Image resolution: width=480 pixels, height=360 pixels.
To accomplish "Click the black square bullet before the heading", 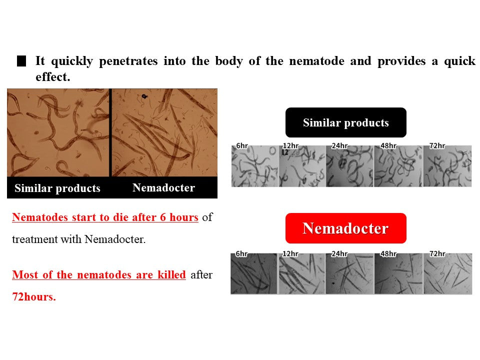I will pyautogui.click(x=21, y=61).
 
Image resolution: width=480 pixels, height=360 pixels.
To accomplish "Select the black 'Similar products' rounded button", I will pyautogui.click(x=345, y=122).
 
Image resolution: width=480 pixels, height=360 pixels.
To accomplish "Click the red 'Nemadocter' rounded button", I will pyautogui.click(x=345, y=228).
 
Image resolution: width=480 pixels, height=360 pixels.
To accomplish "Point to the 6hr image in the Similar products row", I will pyautogui.click(x=254, y=166).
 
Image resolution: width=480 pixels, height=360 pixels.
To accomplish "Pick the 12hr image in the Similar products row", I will pyautogui.click(x=302, y=166).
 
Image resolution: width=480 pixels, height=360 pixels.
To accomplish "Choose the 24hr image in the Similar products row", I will pyautogui.click(x=349, y=166).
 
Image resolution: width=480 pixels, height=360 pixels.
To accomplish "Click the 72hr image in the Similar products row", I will pyautogui.click(x=447, y=166).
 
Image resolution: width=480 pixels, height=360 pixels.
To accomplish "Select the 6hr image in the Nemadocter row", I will pyautogui.click(x=253, y=273).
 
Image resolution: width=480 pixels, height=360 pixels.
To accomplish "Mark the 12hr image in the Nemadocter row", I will pyautogui.click(x=302, y=273).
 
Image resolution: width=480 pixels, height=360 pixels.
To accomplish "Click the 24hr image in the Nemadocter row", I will pyautogui.click(x=349, y=273).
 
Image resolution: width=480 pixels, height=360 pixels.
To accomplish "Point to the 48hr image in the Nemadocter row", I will pyautogui.click(x=398, y=273).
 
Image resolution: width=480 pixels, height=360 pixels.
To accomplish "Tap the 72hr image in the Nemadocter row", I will pyautogui.click(x=447, y=273).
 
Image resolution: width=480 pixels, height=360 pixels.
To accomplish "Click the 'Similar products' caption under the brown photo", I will pyautogui.click(x=57, y=188).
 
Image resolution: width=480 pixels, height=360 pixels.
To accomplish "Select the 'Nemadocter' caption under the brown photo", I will pyautogui.click(x=163, y=188).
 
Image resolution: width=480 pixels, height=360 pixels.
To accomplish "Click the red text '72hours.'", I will pyautogui.click(x=34, y=296).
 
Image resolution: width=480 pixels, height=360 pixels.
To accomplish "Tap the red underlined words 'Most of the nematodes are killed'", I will pyautogui.click(x=99, y=274).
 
